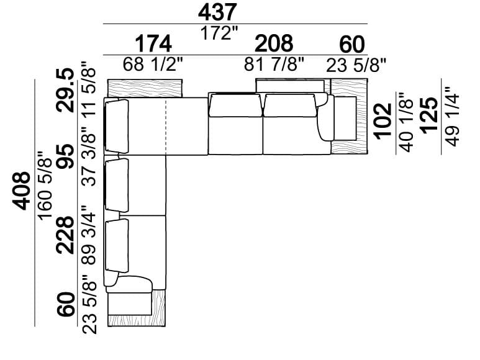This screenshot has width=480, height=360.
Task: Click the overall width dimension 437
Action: coord(217,12)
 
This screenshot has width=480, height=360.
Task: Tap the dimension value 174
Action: coord(153,45)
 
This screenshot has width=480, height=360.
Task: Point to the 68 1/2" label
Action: coord(153,65)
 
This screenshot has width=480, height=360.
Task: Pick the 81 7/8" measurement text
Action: coord(274,65)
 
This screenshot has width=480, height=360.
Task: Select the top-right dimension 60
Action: coord(351,45)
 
